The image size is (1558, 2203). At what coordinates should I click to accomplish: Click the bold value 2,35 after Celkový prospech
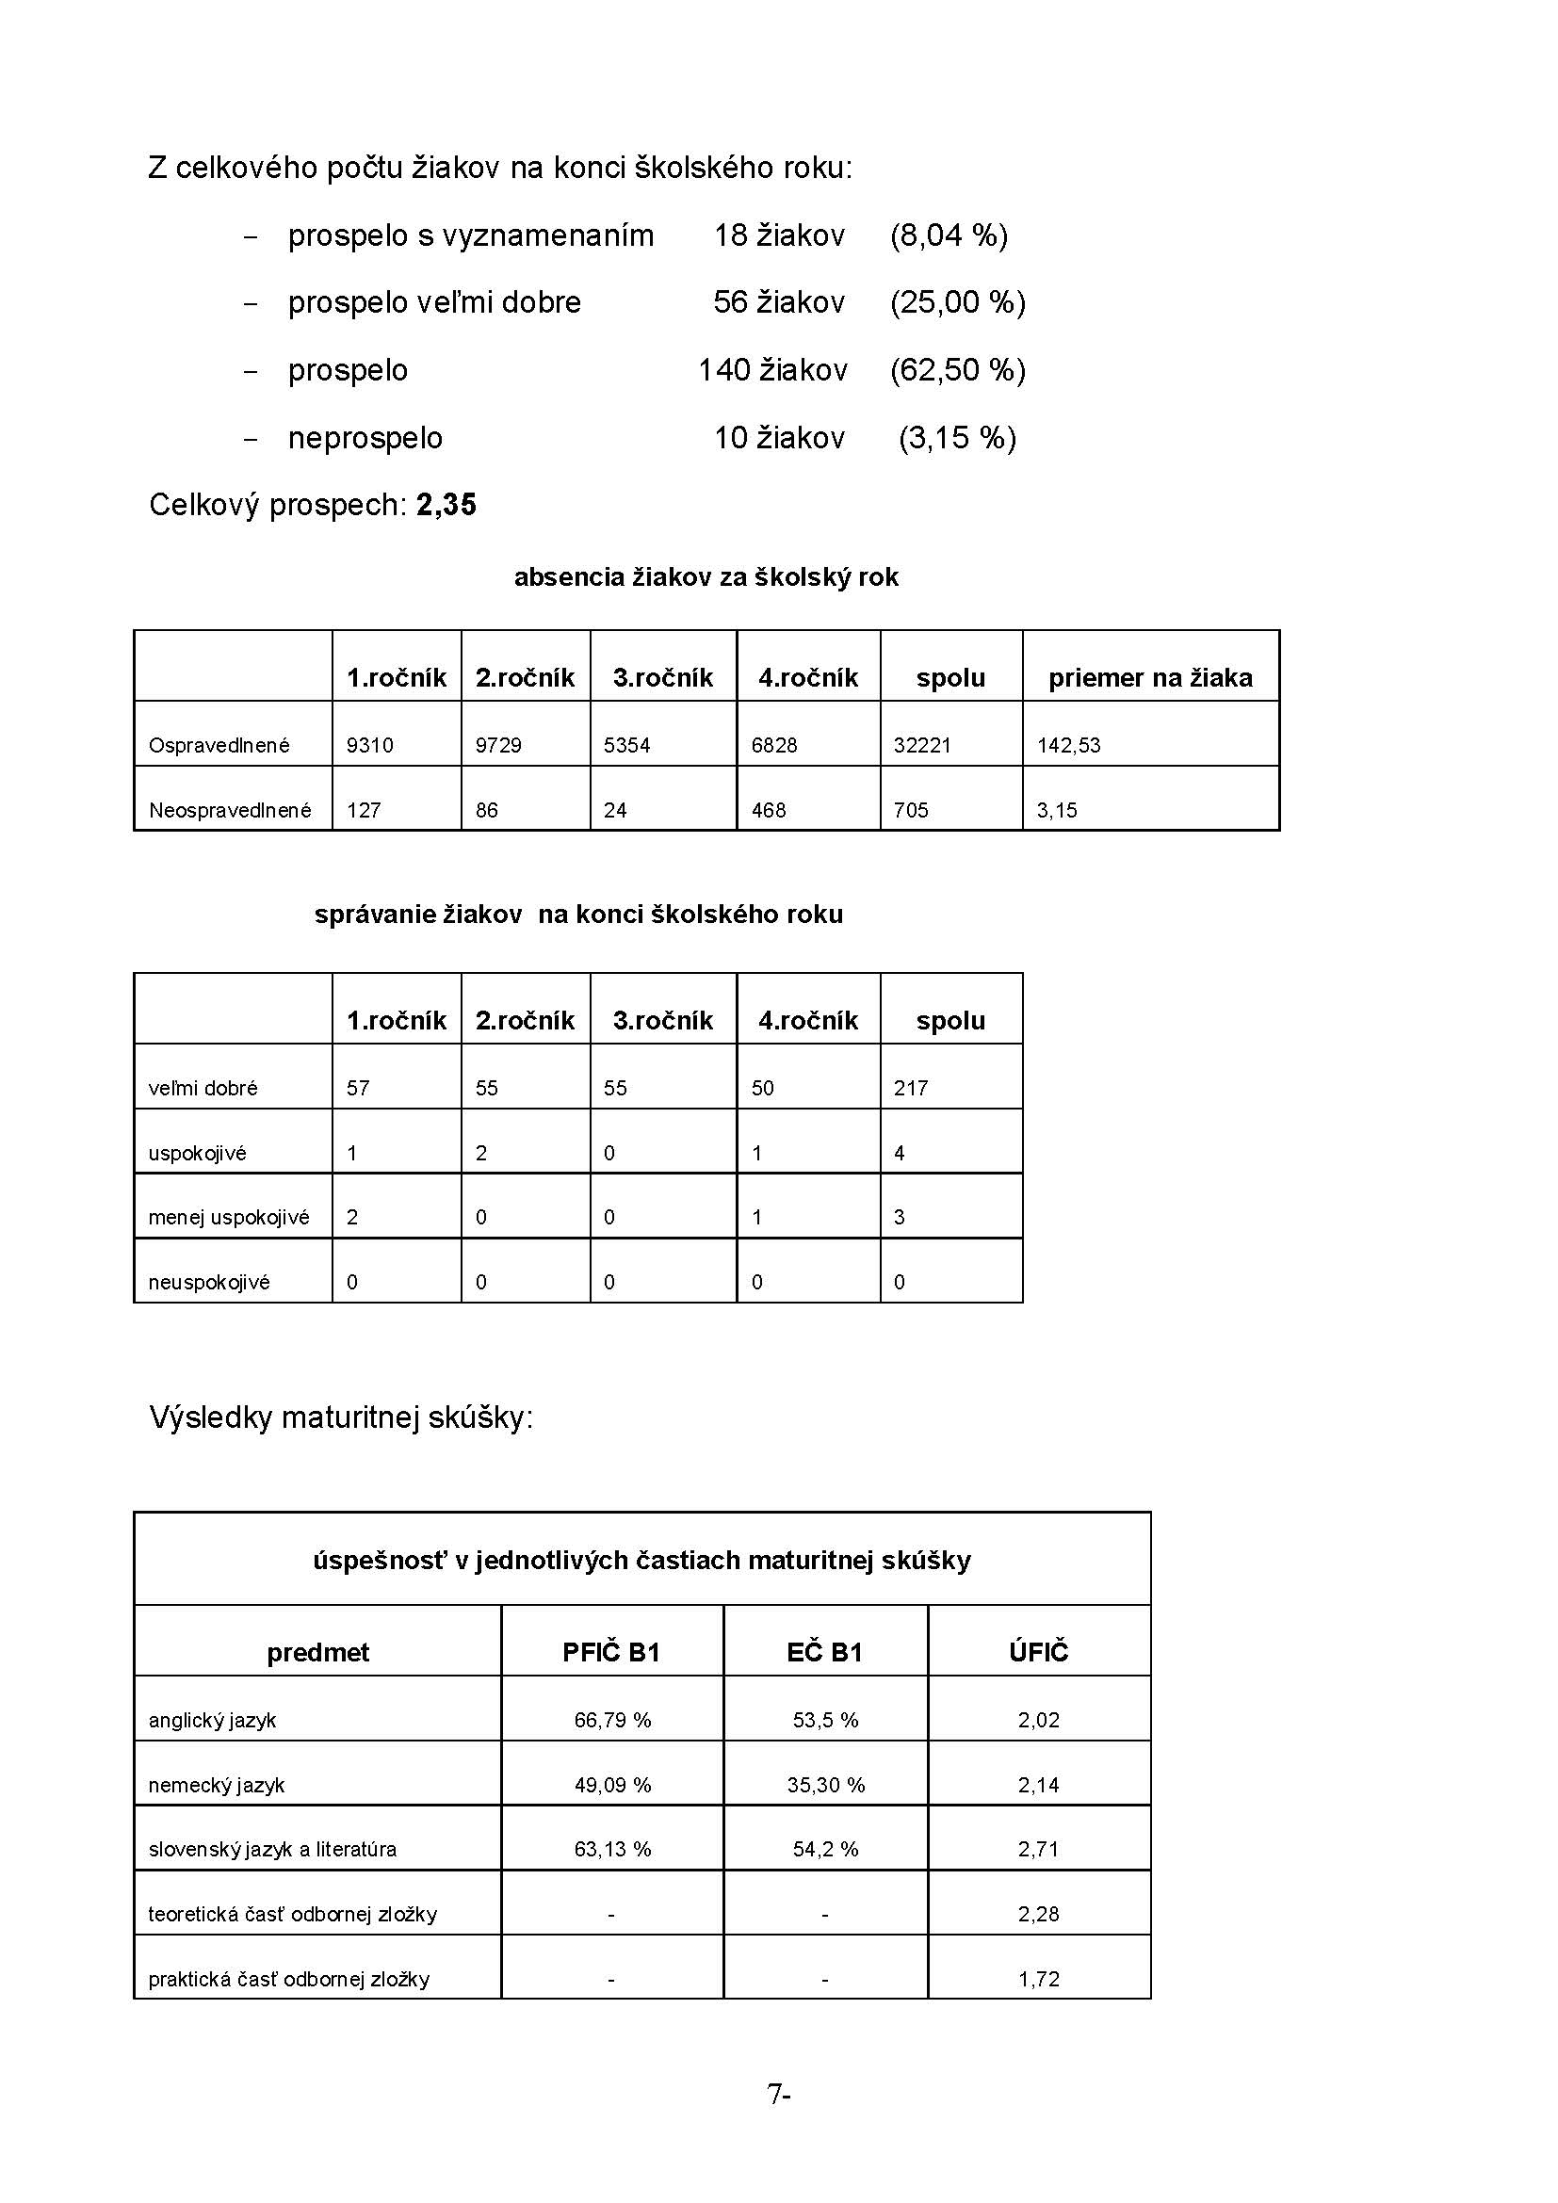[x=446, y=505]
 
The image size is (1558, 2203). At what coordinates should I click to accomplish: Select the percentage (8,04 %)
[x=948, y=235]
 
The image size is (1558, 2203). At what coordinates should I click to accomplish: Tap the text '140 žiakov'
[x=772, y=370]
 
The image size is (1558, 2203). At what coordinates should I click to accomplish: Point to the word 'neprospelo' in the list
[x=365, y=439]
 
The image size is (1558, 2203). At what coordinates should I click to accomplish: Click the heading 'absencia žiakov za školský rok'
[x=706, y=576]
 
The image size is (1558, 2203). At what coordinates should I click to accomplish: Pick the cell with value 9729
[x=498, y=746]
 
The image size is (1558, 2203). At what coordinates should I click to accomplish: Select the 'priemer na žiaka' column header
[x=1150, y=678]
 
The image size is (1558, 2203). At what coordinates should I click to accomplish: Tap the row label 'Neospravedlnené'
[x=229, y=810]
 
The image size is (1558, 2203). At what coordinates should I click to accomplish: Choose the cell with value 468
[x=769, y=810]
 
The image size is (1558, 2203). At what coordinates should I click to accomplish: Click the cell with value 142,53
[x=1069, y=746]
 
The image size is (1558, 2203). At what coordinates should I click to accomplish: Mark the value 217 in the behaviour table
[x=911, y=1088]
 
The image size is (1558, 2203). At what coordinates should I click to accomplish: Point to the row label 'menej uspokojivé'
[x=228, y=1218]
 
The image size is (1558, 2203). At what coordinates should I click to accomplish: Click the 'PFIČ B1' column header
[x=611, y=1652]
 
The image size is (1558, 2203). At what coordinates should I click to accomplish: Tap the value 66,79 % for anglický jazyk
[x=612, y=1721]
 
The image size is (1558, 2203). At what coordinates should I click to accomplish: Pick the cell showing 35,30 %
[x=825, y=1785]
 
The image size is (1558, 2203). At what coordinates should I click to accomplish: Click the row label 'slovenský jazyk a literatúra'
[x=271, y=1849]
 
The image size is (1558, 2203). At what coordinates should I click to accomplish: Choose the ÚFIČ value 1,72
[x=1038, y=1979]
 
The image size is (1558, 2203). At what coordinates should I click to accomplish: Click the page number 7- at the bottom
[x=778, y=2094]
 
